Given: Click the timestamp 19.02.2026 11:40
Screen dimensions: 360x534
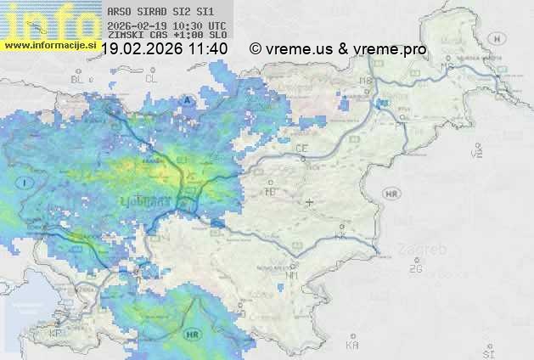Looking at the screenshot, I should [164, 49].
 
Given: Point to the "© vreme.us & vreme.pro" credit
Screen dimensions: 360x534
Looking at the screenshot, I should [338, 49].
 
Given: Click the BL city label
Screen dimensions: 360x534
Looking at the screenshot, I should [79, 79].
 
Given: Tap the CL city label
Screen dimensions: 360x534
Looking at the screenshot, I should [151, 78].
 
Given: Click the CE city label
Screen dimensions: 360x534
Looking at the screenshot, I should [301, 149].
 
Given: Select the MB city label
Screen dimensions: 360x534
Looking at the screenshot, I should [367, 80].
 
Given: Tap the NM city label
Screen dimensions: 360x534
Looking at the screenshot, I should [293, 275].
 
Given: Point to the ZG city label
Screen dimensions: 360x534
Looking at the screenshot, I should [415, 269].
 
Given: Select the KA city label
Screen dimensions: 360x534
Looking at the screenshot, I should [352, 346].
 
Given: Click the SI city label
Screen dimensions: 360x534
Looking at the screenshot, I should [487, 352].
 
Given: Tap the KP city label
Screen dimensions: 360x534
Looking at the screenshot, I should [56, 334].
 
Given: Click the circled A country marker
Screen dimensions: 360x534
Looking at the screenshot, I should [186, 99].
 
